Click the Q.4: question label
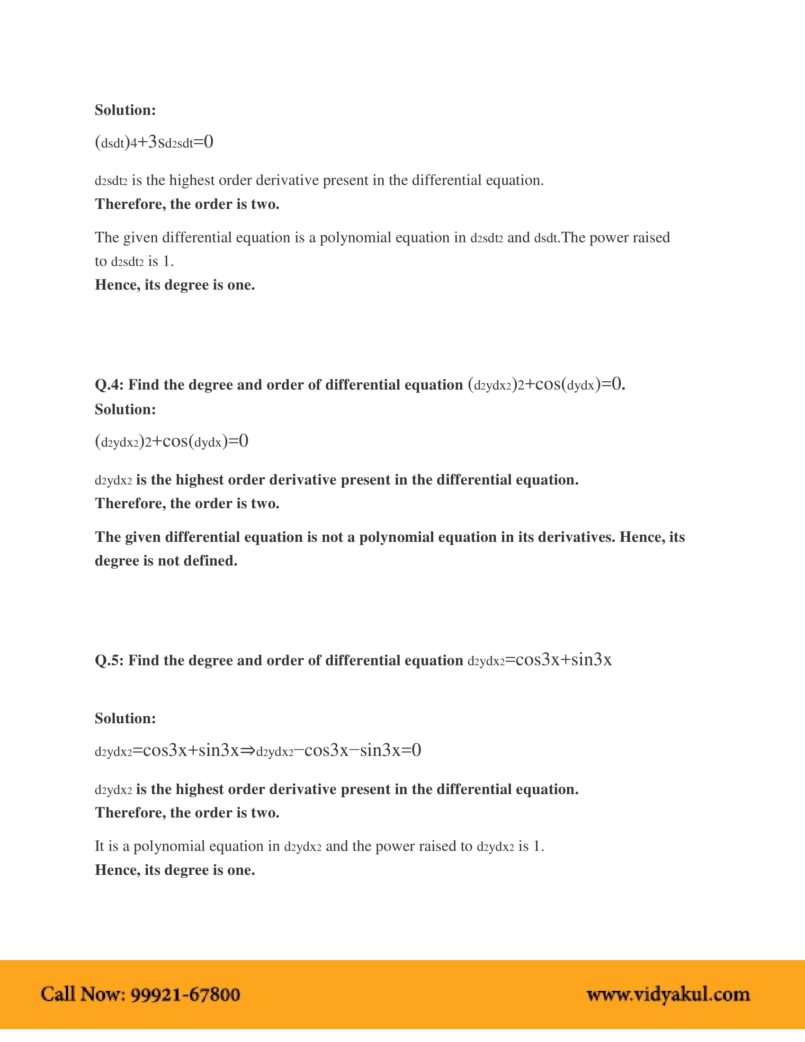coord(109,385)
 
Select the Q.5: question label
coord(109,661)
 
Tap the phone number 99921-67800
coord(185,995)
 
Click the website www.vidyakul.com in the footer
coord(668,995)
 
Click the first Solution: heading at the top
coord(125,110)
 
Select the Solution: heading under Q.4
coord(125,409)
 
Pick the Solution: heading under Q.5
coord(125,719)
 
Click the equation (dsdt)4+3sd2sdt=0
coord(154,142)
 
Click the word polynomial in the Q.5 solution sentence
coord(169,846)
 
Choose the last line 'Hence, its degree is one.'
coord(175,870)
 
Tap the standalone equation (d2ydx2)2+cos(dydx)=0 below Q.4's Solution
coord(172,441)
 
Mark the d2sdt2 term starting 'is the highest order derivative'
coord(111,181)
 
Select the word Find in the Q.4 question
coord(143,385)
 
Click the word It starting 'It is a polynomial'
coord(99,846)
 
